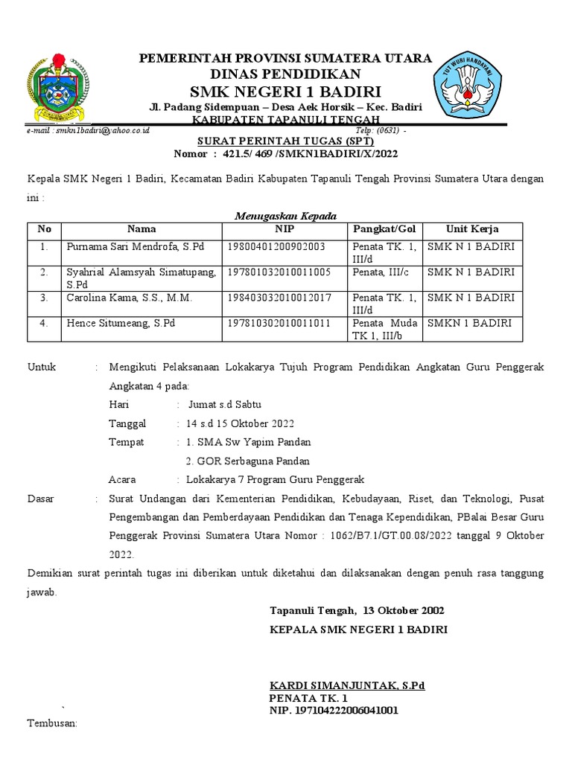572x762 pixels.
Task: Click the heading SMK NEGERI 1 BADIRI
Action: point(286,92)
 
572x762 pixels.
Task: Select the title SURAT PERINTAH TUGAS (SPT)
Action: point(286,141)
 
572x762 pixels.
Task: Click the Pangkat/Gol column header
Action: point(384,229)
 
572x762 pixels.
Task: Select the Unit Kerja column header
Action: point(472,229)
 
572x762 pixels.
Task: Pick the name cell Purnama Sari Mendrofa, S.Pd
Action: point(135,246)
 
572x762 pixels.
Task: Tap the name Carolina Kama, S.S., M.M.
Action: point(130,298)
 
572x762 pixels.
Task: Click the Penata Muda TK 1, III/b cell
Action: point(385,330)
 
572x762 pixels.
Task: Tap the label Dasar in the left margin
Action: point(41,499)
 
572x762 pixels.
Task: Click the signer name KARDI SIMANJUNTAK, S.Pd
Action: point(346,685)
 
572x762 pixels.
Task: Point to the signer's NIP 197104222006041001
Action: point(334,711)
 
